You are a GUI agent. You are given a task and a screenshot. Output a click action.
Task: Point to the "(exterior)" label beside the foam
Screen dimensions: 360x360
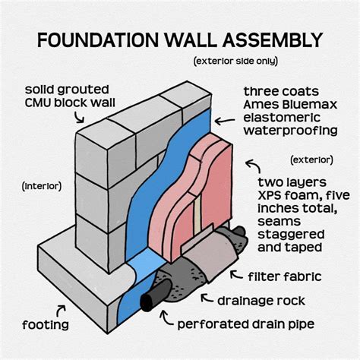(x=312, y=159)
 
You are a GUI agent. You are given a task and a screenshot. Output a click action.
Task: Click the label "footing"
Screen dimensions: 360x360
(x=46, y=325)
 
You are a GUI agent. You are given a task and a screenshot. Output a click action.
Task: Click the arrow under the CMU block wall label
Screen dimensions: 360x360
(x=78, y=116)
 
